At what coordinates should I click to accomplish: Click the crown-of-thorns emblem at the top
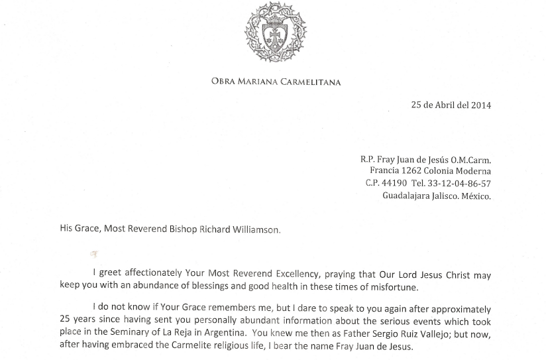[x=276, y=33]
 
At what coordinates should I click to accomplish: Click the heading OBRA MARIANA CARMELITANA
[x=276, y=82]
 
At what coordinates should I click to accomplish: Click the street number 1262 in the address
[x=416, y=171]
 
